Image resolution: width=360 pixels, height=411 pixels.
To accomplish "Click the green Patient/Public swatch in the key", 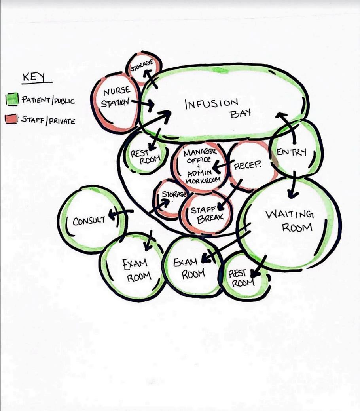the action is point(13,99).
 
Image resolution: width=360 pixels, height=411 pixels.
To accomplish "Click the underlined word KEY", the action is point(34,77).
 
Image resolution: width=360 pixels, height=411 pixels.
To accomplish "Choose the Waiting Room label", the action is point(289,221).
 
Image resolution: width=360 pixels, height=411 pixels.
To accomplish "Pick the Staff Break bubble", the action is point(205,214).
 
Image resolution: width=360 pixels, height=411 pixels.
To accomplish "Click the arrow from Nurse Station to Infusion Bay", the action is point(142,103).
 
